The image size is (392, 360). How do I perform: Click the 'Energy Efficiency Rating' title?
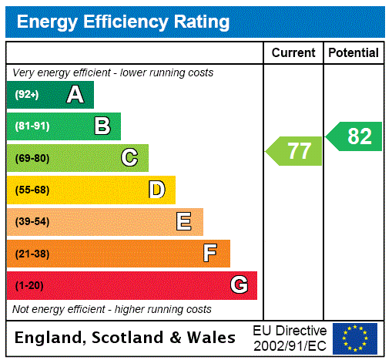pyautogui.click(x=123, y=22)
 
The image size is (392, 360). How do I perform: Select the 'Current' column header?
pyautogui.click(x=293, y=52)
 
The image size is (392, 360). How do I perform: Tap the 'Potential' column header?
pyautogui.click(x=353, y=52)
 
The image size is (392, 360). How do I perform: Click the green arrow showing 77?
pyautogui.click(x=295, y=150)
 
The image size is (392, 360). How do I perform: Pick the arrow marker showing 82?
pyautogui.click(x=355, y=136)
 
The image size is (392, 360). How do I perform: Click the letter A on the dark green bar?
pyautogui.click(x=75, y=95)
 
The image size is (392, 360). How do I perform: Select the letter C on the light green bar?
pyautogui.click(x=129, y=158)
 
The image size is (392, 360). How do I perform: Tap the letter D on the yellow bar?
pyautogui.click(x=157, y=190)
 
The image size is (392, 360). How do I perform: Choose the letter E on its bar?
pyautogui.click(x=184, y=222)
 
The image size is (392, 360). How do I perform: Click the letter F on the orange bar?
pyautogui.click(x=210, y=253)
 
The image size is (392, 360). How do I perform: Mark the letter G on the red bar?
pyautogui.click(x=240, y=285)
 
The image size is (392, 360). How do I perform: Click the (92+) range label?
pyautogui.click(x=27, y=95)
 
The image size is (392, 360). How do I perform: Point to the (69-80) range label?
pyautogui.click(x=32, y=158)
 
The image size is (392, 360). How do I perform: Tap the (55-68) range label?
pyautogui.click(x=32, y=190)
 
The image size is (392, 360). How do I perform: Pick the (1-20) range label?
pyautogui.click(x=29, y=285)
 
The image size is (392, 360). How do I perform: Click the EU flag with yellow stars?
pyautogui.click(x=355, y=338)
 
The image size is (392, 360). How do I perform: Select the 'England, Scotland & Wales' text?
pyautogui.click(x=126, y=338)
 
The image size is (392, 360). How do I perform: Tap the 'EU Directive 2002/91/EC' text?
pyautogui.click(x=290, y=338)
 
